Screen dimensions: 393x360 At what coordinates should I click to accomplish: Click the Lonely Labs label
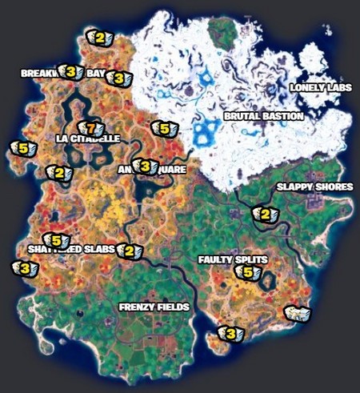click(321, 87)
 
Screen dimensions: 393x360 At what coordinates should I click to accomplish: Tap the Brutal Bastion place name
click(263, 117)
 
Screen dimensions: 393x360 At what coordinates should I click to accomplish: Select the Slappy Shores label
click(314, 187)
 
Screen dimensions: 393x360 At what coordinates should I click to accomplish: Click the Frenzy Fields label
click(154, 307)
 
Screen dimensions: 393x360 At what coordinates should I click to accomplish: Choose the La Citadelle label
click(88, 138)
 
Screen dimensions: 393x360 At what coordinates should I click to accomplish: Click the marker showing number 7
click(90, 128)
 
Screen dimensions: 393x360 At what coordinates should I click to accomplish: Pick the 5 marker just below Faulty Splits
click(247, 273)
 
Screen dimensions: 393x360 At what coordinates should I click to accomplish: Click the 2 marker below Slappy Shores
click(264, 214)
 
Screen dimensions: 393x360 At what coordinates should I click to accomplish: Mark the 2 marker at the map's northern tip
click(99, 37)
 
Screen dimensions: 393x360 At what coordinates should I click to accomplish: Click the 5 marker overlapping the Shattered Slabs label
click(56, 240)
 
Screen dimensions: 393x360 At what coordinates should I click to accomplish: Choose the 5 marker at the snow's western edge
click(164, 128)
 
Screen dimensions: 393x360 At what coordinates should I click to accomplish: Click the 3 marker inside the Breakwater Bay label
click(71, 73)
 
